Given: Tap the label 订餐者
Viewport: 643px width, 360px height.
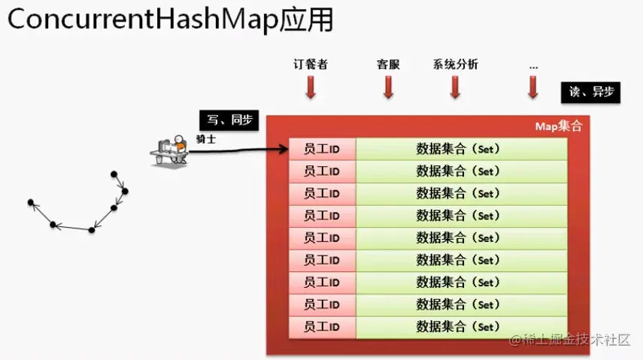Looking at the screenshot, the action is point(311,65).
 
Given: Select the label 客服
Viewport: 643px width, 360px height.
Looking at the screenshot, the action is point(388,65).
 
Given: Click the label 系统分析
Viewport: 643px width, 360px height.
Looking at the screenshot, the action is point(455,65).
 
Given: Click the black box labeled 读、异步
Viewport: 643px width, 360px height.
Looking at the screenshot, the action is point(591,92).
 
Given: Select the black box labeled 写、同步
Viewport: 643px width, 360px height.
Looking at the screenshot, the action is point(229,119).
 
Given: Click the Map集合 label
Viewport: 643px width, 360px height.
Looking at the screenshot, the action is point(558,126).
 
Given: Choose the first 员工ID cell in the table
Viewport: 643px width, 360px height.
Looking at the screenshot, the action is point(322,150).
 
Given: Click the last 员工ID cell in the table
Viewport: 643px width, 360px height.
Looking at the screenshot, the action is point(322,327).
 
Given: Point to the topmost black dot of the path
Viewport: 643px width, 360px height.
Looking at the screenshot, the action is point(114,174).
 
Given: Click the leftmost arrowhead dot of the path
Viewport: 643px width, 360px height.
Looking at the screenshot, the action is point(31,202).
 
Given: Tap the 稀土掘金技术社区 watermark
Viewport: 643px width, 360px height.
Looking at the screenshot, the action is point(570,340).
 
